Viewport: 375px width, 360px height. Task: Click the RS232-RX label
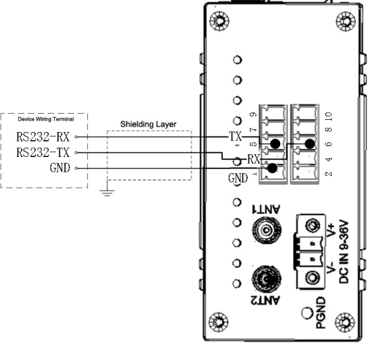(x=43, y=137)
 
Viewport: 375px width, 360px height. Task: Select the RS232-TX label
(x=43, y=152)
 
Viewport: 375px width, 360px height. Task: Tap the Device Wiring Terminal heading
(x=46, y=119)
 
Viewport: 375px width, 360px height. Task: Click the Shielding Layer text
(x=148, y=125)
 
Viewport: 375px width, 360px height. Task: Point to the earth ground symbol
(x=107, y=192)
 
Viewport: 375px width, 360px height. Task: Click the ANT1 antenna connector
(x=267, y=230)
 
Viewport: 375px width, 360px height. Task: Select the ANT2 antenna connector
(x=266, y=279)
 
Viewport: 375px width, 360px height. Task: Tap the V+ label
(x=331, y=230)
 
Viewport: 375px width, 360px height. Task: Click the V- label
(x=331, y=268)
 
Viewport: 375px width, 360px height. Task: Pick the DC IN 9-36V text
(x=344, y=252)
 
